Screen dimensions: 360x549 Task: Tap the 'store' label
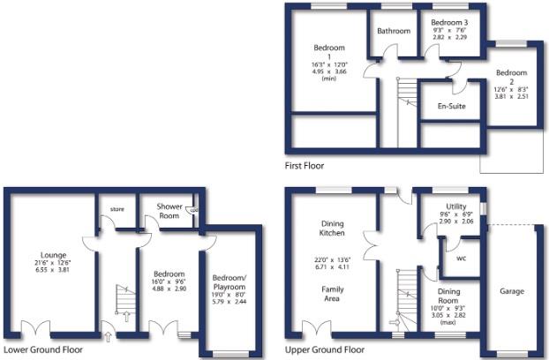click(116, 209)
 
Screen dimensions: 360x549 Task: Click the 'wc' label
click(462, 259)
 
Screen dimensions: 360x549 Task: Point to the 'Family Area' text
click(332, 295)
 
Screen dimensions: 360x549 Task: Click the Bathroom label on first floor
click(394, 31)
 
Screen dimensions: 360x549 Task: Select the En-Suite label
click(452, 107)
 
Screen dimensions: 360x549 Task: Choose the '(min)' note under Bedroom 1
click(329, 79)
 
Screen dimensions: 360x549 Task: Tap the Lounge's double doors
click(35, 329)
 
